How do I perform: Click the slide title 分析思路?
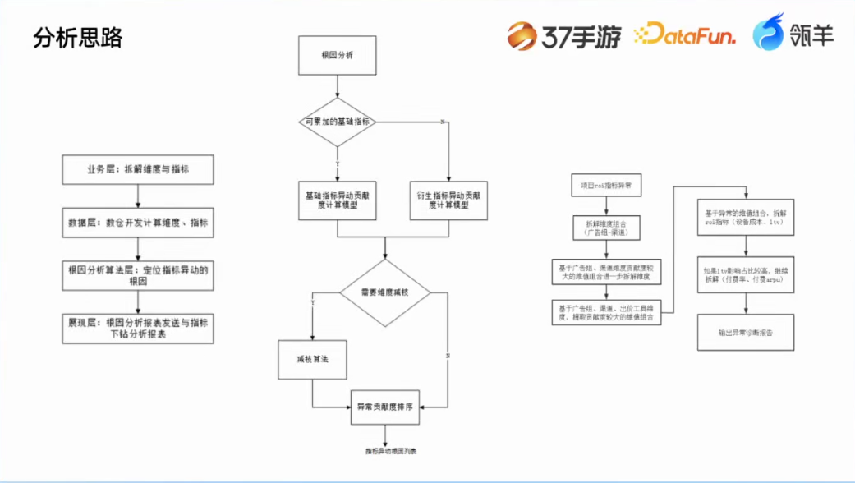[x=77, y=38]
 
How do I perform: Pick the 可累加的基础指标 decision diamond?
[x=337, y=122]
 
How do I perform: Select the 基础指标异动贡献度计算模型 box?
[x=337, y=200]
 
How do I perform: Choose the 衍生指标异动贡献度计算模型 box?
[x=448, y=200]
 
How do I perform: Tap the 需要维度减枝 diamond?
[x=385, y=292]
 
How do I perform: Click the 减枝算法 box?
[x=312, y=359]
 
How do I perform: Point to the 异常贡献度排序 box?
[x=385, y=407]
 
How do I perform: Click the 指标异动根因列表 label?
[x=385, y=451]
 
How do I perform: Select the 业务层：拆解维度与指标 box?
[x=138, y=169]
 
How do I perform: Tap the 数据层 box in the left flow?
[x=138, y=223]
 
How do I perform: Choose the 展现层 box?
[x=138, y=329]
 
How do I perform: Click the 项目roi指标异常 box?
[x=606, y=186]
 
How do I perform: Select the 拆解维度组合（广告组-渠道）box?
[x=606, y=228]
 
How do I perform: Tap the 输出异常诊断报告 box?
[x=746, y=333]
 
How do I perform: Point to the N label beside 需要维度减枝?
[x=448, y=356]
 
